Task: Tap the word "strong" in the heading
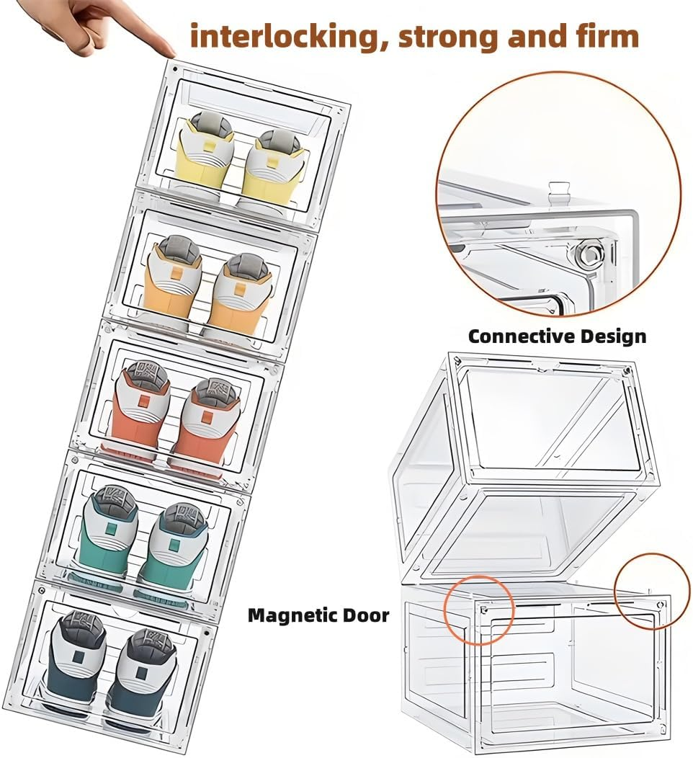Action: [x=449, y=37]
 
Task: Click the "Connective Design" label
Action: [x=557, y=336]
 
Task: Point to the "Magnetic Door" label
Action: [x=318, y=615]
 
